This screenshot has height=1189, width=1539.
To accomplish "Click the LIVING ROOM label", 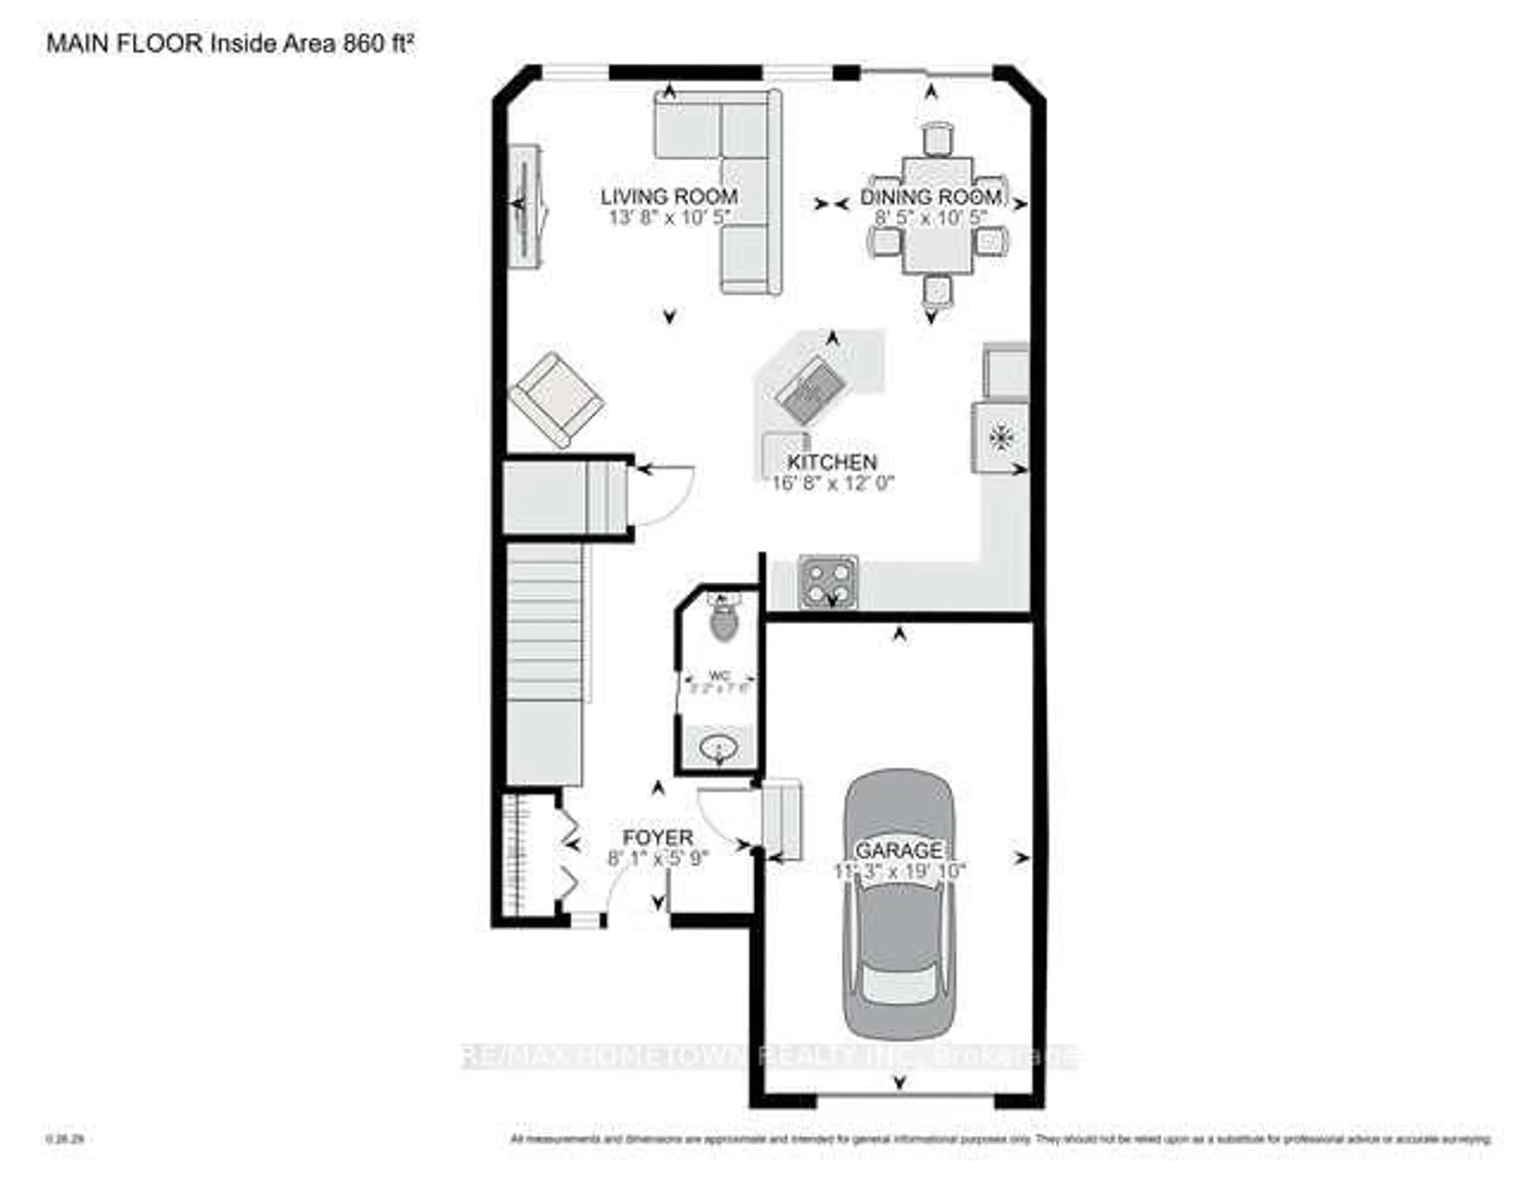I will point(669,197).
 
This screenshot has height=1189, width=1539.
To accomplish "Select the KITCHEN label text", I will point(832,463).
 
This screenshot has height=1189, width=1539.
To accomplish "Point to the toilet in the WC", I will point(724,622).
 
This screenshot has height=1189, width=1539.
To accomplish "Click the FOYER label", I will point(657,838).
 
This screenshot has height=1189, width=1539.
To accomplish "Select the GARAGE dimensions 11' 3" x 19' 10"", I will point(899,871).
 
